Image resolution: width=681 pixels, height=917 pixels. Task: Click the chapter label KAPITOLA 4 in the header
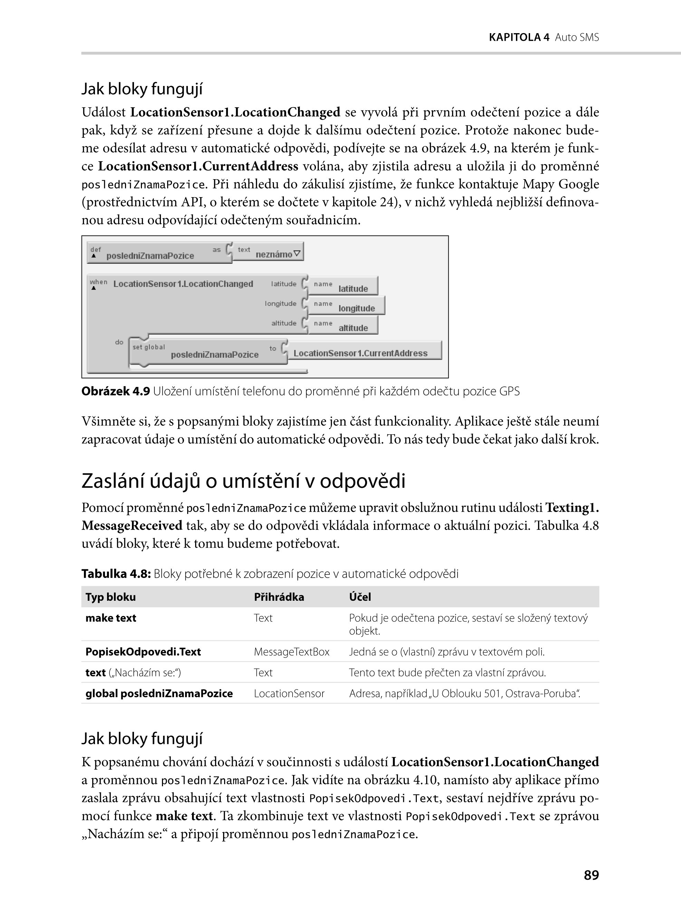pos(519,38)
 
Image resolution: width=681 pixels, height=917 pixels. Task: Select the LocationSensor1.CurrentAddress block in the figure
pos(360,353)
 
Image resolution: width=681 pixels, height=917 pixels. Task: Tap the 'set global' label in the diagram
pos(148,347)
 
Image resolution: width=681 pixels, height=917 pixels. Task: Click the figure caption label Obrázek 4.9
pos(115,391)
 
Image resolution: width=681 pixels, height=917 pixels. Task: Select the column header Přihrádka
pos(279,597)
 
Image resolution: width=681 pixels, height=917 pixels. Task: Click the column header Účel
pos(360,597)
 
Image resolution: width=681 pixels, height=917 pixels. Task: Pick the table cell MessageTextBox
pos(291,651)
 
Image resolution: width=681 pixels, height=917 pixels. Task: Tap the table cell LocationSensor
pos(289,693)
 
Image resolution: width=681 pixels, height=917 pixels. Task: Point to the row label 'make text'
pos(111,618)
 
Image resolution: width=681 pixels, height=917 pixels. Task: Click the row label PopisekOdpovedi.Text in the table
pos(143,651)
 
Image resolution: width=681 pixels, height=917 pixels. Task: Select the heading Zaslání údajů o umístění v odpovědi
pos(243,481)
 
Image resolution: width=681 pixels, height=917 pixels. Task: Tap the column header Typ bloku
pos(111,597)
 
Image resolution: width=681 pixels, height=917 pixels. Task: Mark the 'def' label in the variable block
pos(95,249)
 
